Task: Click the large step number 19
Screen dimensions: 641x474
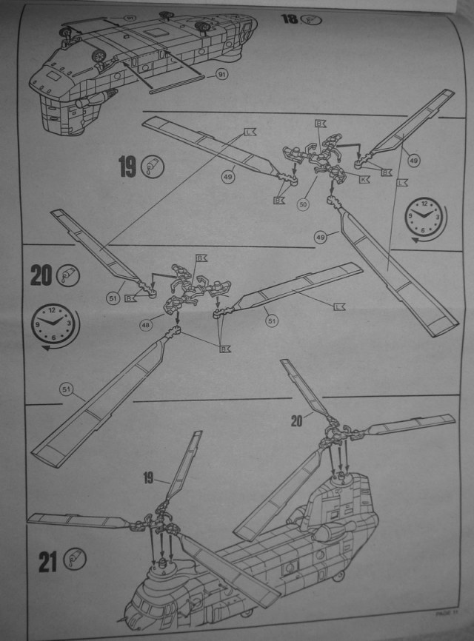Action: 127,167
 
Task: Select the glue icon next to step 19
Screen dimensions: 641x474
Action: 153,167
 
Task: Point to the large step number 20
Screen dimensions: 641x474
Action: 41,275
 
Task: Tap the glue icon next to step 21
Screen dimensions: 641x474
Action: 76,560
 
